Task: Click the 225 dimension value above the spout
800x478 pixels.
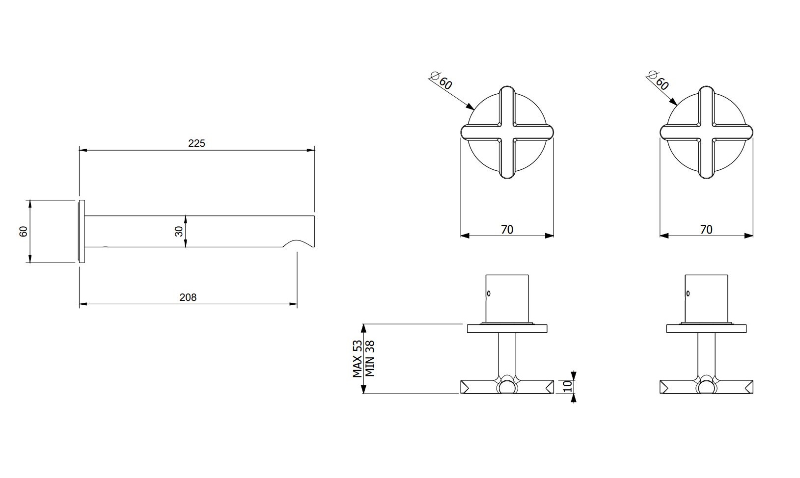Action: pos(196,143)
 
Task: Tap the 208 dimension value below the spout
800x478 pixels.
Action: pos(188,298)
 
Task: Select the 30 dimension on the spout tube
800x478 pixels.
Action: pos(179,231)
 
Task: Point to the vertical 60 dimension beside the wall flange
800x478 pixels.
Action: pos(23,231)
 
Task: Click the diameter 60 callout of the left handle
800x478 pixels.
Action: pos(441,80)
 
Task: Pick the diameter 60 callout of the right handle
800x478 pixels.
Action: pos(658,80)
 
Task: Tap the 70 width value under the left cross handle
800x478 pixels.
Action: pos(507,230)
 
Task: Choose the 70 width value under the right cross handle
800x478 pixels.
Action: pos(706,230)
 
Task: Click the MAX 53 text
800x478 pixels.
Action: pos(358,359)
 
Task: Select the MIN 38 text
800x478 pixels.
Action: pos(370,359)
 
